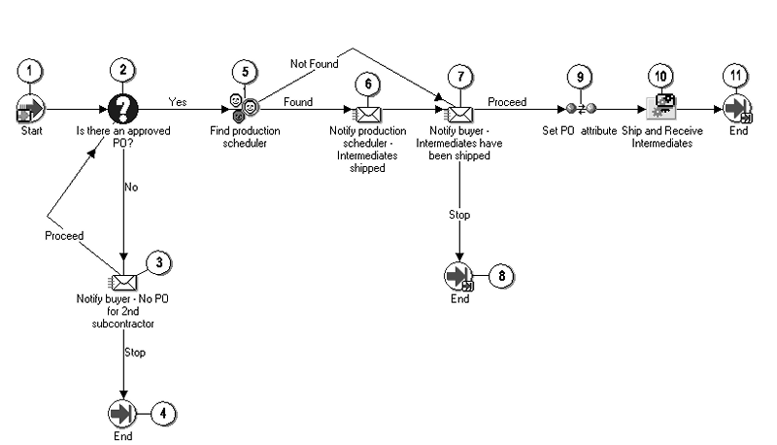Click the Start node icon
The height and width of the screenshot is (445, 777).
point(31,109)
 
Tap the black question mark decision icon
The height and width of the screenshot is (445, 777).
point(123,109)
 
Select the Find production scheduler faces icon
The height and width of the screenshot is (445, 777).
point(245,109)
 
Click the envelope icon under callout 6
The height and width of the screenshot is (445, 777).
point(367,114)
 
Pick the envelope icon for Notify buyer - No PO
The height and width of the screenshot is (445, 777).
point(122,282)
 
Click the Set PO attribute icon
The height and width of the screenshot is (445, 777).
point(580,108)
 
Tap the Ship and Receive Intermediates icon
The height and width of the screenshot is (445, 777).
point(661,107)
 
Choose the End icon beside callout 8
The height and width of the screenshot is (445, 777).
point(458,276)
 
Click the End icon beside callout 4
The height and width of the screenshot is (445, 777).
point(122,413)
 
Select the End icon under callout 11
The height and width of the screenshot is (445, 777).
point(737,109)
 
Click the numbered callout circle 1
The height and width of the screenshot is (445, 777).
point(30,71)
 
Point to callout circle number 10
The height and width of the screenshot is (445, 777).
point(660,76)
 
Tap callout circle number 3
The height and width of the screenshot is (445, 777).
point(159,262)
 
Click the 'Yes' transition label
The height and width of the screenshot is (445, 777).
point(178,102)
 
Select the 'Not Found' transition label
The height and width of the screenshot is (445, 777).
point(314,64)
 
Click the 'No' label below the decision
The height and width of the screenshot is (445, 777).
point(131,187)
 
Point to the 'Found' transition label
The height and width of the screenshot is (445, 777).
point(298,102)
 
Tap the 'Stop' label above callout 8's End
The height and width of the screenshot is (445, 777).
point(459,215)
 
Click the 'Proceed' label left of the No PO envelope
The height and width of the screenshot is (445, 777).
point(64,236)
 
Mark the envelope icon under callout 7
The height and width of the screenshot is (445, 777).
point(459,114)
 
